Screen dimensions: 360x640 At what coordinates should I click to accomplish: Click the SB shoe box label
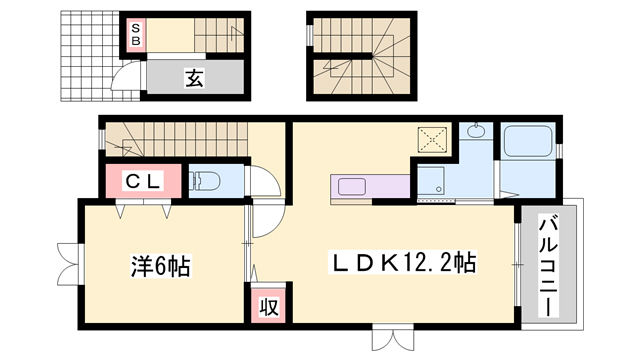coord(134,34)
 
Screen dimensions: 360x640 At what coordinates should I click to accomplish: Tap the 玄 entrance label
coord(193,78)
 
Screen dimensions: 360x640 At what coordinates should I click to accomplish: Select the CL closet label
coord(144,181)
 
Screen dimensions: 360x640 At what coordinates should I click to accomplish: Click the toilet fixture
coord(206,181)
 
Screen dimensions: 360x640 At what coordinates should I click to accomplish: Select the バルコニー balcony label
coord(549,264)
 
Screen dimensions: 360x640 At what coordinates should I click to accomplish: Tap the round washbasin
coord(474,133)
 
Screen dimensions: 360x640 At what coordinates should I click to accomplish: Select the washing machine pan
coord(432,181)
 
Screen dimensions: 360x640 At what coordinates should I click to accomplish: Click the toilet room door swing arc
coord(262,185)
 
